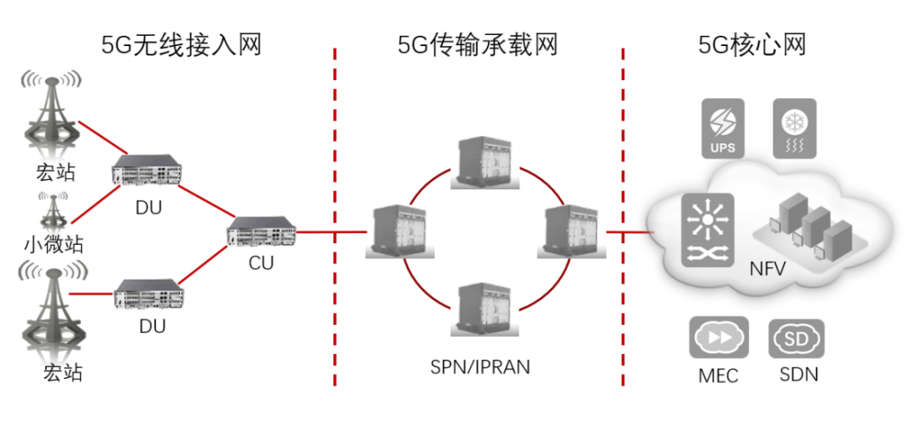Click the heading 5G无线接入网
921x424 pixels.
click(181, 44)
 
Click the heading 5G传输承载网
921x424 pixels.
click(478, 44)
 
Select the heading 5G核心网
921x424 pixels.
click(751, 44)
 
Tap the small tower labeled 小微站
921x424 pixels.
click(54, 212)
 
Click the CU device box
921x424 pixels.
click(263, 232)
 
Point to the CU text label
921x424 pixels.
click(261, 263)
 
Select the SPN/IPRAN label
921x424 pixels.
click(480, 368)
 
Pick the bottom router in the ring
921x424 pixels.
click(484, 312)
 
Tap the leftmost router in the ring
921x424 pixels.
click(395, 230)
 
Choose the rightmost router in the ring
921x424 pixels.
click(570, 230)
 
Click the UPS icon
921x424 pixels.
click(722, 128)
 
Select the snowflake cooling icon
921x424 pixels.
click(794, 128)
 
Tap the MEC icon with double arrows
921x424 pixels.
click(718, 338)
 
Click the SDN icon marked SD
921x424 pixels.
click(796, 338)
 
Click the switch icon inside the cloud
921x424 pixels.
click(707, 229)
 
